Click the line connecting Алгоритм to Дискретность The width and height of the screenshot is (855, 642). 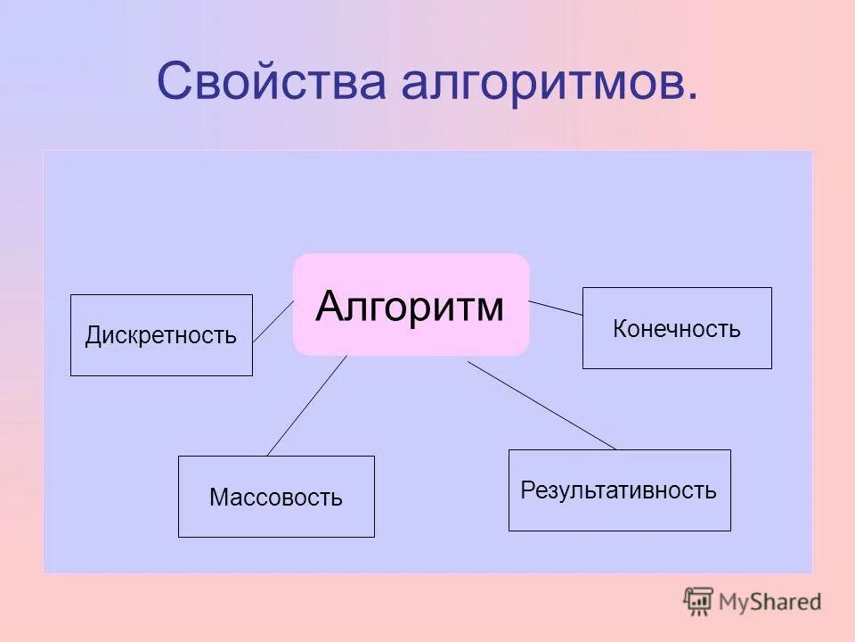[x=273, y=322]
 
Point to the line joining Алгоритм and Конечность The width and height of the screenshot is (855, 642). [x=556, y=309]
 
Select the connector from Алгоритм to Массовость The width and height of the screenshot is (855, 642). [x=307, y=405]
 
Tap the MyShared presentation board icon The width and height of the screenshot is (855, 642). [x=699, y=601]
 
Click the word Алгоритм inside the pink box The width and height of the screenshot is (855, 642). [x=410, y=307]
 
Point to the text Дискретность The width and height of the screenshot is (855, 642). [x=161, y=336]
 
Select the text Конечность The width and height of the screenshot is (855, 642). [x=677, y=329]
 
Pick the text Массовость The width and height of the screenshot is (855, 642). [x=276, y=498]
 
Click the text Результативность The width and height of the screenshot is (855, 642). [x=619, y=490]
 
